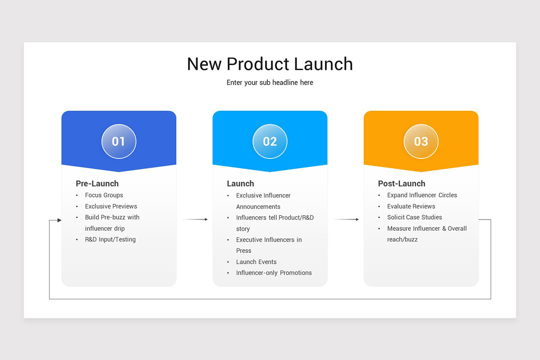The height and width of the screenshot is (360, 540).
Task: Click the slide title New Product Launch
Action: click(270, 64)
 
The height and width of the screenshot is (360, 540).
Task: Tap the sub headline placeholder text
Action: click(270, 83)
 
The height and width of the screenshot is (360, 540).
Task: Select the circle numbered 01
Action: click(119, 141)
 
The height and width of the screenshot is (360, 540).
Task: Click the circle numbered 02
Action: click(270, 141)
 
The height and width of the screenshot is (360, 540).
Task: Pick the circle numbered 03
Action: click(421, 141)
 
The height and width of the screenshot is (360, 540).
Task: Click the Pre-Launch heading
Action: click(97, 184)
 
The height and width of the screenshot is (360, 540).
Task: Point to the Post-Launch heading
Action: click(401, 184)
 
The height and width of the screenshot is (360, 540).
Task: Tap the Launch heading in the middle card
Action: click(240, 184)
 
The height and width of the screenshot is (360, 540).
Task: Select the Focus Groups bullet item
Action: click(104, 195)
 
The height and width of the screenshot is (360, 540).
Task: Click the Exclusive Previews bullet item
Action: click(111, 207)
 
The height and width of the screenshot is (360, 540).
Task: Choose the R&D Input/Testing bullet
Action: click(110, 239)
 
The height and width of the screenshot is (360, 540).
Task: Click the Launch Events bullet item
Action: click(256, 262)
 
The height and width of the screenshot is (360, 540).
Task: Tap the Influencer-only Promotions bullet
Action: click(274, 273)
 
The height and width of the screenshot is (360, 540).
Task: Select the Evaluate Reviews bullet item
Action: click(411, 207)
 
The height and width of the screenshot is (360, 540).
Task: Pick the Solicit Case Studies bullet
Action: click(414, 217)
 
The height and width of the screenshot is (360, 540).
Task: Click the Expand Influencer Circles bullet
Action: click(422, 195)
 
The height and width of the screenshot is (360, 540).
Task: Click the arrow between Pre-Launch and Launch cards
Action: click(195, 220)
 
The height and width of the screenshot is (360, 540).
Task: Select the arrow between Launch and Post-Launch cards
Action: click(346, 220)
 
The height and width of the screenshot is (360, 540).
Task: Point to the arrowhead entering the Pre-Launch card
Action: click(59, 220)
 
